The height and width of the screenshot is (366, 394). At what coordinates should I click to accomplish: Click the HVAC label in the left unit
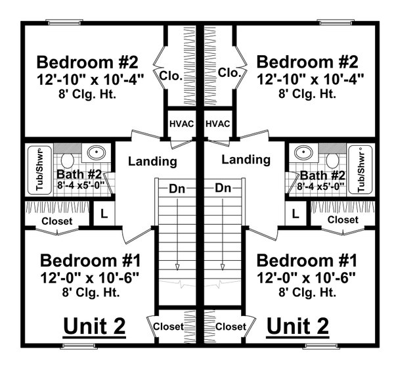pyautogui.click(x=179, y=124)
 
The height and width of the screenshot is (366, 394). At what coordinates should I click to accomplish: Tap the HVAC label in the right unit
pyautogui.click(x=217, y=124)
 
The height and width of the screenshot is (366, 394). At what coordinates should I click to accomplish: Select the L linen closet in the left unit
pyautogui.click(x=102, y=214)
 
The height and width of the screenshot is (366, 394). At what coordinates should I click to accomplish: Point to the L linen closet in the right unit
pyautogui.click(x=295, y=214)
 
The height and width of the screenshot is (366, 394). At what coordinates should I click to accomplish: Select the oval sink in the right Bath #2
pyautogui.click(x=302, y=152)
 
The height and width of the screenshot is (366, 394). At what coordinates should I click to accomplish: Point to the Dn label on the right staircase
pyautogui.click(x=223, y=189)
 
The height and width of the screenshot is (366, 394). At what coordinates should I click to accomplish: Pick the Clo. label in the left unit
pyautogui.click(x=171, y=75)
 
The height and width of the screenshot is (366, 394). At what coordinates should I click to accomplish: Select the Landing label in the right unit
pyautogui.click(x=246, y=159)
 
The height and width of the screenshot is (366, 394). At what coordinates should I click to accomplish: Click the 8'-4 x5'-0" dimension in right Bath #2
pyautogui.click(x=321, y=187)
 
